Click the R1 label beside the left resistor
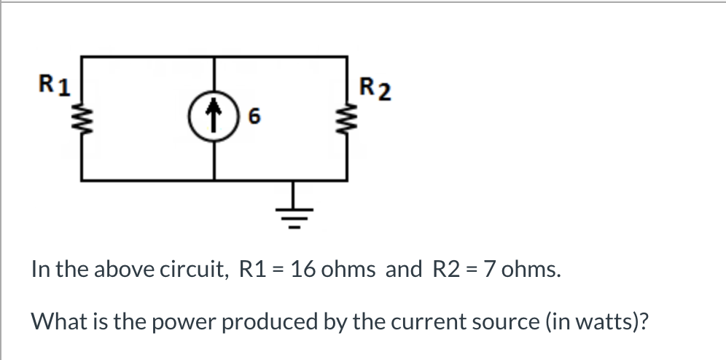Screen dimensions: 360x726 pyautogui.click(x=55, y=85)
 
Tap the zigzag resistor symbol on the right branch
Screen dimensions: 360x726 pyautogui.click(x=345, y=117)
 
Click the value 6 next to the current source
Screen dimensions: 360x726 pyautogui.click(x=253, y=117)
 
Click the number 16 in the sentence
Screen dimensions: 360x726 pyautogui.click(x=302, y=270)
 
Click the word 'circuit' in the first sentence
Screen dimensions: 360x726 pyautogui.click(x=194, y=270)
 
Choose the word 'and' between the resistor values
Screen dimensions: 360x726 pyautogui.click(x=403, y=270)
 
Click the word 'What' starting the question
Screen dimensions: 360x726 pyautogui.click(x=55, y=321)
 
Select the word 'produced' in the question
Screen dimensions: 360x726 pyautogui.click(x=275, y=321)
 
